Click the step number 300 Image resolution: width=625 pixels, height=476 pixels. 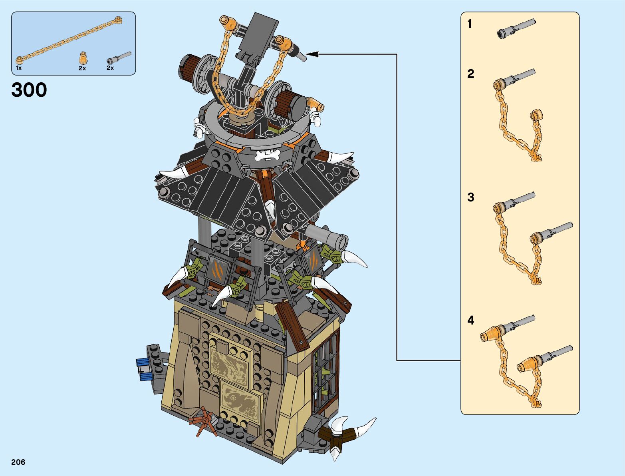pos(29,90)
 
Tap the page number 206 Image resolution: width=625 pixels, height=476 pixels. pos(18,462)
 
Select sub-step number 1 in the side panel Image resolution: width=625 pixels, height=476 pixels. pos(470,24)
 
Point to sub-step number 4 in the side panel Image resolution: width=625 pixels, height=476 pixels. pos(471,321)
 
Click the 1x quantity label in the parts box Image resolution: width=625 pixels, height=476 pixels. pos(19,68)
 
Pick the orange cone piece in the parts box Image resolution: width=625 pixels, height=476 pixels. pos(83,58)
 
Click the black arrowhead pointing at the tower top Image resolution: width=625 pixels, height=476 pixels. pos(312,54)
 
